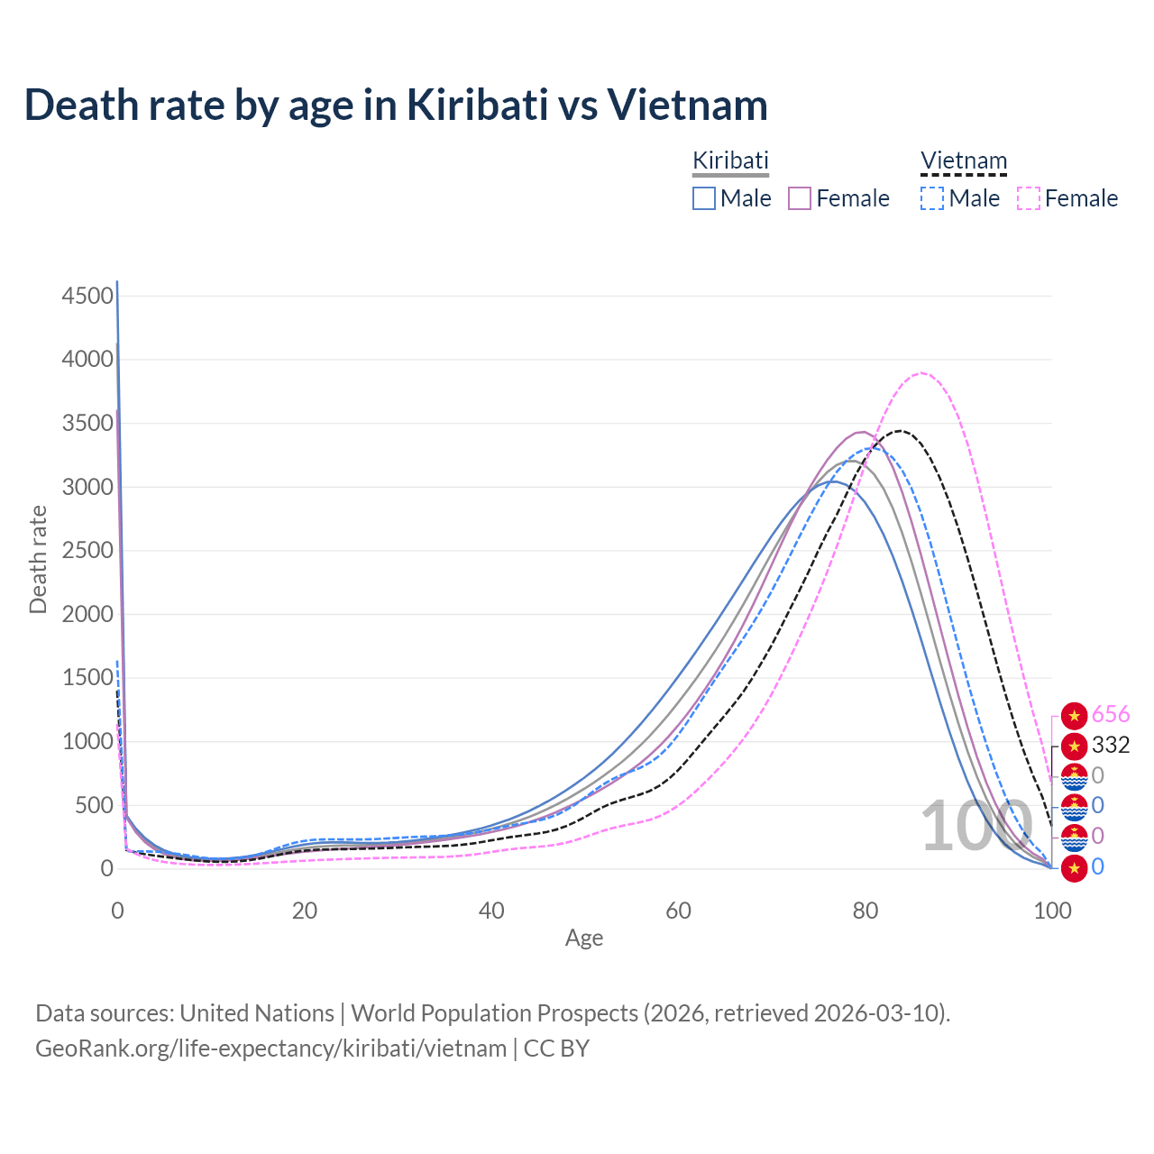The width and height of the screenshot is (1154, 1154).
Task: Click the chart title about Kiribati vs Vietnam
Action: point(396,105)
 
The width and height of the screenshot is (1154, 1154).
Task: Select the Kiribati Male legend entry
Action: point(732,198)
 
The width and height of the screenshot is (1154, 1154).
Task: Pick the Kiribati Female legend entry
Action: point(839,198)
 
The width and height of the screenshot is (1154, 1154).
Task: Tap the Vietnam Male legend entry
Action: point(960,198)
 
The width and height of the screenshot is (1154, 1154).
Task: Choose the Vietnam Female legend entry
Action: point(1067,198)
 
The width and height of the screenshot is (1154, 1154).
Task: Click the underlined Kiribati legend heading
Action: point(730,160)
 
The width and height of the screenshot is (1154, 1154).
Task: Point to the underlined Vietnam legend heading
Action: point(963,160)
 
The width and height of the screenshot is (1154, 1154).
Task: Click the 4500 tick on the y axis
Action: point(87,296)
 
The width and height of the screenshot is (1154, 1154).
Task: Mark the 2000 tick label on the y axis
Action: point(87,614)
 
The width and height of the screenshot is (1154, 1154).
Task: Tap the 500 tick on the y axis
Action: point(94,805)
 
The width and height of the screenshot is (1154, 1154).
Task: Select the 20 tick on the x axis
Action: point(305,911)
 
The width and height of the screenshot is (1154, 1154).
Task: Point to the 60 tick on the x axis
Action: point(679,911)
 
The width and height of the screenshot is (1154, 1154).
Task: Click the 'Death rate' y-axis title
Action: point(38,559)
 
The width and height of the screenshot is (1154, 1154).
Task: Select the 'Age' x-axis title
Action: point(584,938)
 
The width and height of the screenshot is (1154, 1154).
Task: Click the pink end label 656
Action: point(1110,715)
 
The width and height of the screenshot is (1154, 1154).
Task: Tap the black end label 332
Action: point(1110,746)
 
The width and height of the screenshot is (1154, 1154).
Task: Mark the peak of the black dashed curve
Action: point(901,431)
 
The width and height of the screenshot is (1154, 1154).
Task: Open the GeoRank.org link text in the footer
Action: point(270,1049)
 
